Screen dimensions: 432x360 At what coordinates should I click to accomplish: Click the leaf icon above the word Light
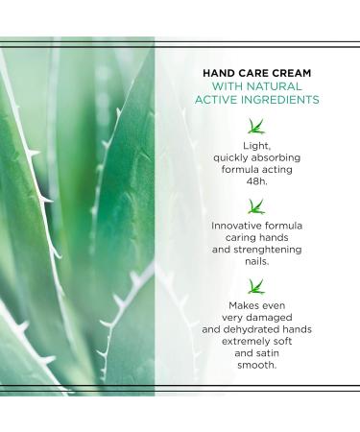(255, 125)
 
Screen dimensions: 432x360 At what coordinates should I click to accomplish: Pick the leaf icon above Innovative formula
(255, 205)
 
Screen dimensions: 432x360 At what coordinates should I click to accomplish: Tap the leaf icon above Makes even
(255, 285)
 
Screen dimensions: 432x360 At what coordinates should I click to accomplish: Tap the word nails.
(255, 262)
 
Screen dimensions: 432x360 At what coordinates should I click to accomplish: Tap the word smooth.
(255, 366)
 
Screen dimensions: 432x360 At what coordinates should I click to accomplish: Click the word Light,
(255, 145)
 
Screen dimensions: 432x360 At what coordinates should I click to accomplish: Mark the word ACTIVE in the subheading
(218, 100)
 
